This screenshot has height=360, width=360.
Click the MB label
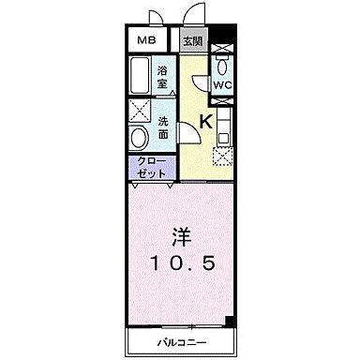147,40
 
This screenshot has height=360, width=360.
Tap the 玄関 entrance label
192,40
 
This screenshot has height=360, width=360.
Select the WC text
222,84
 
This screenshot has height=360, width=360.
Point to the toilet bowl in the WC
222,67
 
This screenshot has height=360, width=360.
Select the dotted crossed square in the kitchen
222,157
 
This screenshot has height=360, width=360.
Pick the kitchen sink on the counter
223,137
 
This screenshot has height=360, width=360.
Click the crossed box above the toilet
222,49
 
